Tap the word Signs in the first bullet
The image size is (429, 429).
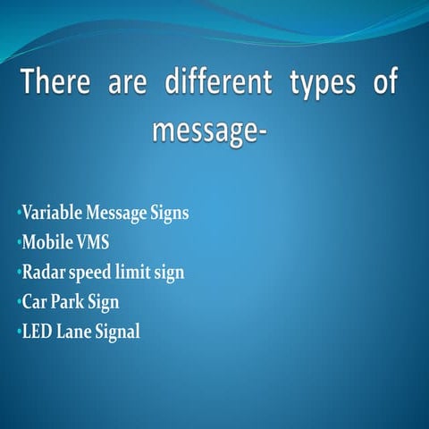coord(169,215)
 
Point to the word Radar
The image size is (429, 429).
coord(44,273)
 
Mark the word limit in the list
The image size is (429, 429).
coord(133,273)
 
